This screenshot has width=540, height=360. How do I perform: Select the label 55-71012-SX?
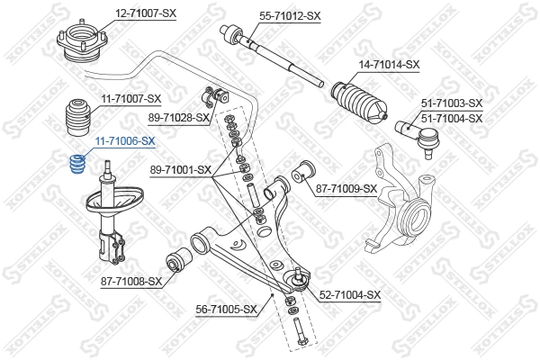(290, 16)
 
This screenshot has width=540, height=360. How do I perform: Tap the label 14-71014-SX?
(389, 64)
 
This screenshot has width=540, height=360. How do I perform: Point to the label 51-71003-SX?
(452, 103)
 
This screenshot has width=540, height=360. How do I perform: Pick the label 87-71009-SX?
(346, 188)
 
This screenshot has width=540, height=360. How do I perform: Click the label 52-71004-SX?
(350, 294)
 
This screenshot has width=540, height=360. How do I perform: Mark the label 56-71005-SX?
(227, 310)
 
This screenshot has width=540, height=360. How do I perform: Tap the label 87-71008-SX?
(130, 281)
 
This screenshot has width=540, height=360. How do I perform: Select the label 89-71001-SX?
(180, 168)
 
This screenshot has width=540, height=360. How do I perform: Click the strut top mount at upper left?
(81, 45)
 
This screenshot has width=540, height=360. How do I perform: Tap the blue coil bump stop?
(78, 166)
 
